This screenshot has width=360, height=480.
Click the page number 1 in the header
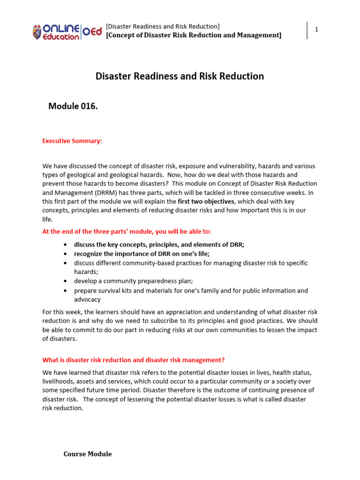click(x=316, y=30)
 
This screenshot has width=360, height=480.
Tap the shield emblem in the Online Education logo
click(x=37, y=32)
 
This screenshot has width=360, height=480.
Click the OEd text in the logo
click(x=92, y=31)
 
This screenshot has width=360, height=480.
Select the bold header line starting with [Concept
click(x=194, y=35)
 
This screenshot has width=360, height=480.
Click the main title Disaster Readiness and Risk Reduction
click(x=180, y=76)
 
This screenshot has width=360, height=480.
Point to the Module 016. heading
click(x=73, y=106)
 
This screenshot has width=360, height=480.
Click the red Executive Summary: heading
click(x=72, y=141)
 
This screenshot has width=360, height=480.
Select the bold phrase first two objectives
click(x=206, y=202)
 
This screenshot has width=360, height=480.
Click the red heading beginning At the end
click(x=127, y=232)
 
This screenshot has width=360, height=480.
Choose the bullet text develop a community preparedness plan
click(x=133, y=281)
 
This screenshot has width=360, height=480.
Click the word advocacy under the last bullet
click(x=87, y=300)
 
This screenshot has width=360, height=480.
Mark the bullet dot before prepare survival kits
click(x=64, y=291)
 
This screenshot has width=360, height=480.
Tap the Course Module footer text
click(x=88, y=454)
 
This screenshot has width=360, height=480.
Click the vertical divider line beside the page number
click(x=307, y=30)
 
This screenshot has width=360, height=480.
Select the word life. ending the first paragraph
click(x=47, y=219)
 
